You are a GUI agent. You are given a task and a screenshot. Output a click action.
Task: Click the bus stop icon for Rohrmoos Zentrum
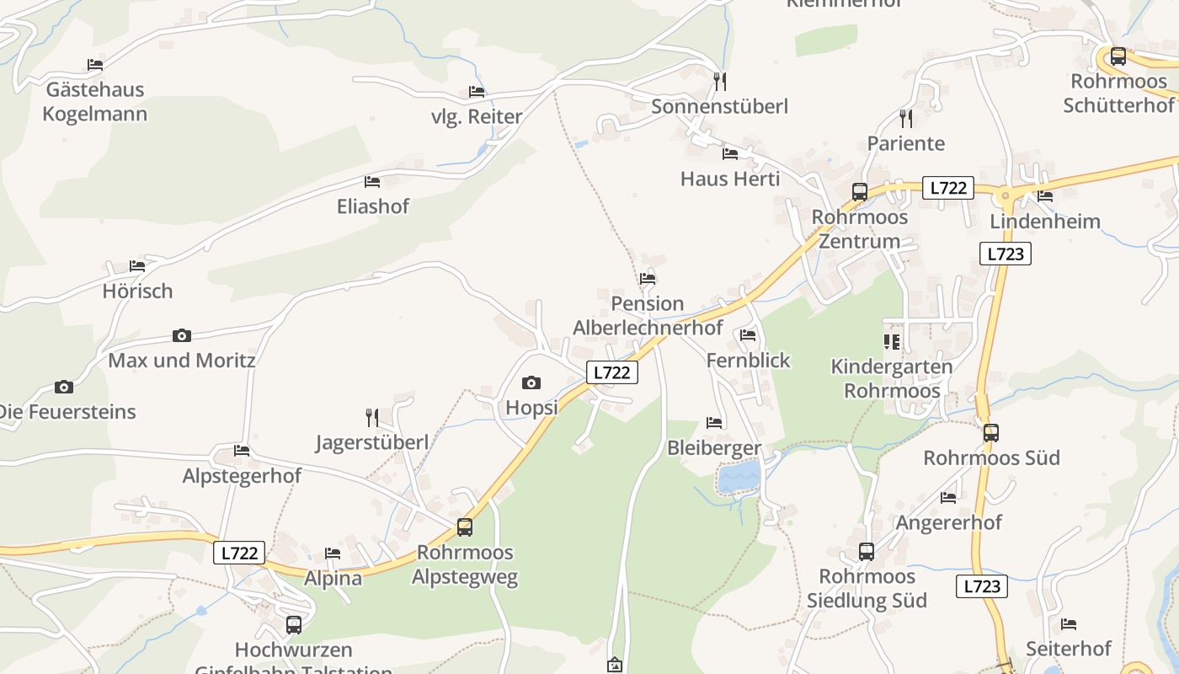click(x=859, y=191)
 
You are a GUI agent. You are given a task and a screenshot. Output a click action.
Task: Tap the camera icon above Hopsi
click(x=531, y=383)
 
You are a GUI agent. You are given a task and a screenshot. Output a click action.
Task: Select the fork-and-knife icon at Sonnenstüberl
click(x=719, y=81)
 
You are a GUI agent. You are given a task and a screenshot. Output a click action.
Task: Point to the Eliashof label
click(x=372, y=206)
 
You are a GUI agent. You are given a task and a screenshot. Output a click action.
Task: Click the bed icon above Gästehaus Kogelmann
click(x=95, y=65)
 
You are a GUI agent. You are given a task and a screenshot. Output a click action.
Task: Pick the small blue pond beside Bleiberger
click(x=739, y=478)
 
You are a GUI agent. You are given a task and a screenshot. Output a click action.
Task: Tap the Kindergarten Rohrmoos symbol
click(x=892, y=341)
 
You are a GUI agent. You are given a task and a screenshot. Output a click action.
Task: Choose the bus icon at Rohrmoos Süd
click(x=991, y=433)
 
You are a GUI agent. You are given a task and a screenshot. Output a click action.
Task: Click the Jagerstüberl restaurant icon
click(x=371, y=417)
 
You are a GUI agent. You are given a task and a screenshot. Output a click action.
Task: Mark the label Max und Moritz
click(x=182, y=361)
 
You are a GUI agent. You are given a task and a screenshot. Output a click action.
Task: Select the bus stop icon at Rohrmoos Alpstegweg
click(x=464, y=527)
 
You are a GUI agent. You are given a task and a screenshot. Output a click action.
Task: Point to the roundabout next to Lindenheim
click(x=1004, y=196)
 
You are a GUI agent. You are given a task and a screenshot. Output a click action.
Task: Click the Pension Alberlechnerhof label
click(x=648, y=315)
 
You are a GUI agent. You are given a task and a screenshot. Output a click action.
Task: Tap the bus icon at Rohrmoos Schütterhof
click(x=1118, y=56)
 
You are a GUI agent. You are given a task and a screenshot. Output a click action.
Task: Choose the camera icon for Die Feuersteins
click(x=64, y=388)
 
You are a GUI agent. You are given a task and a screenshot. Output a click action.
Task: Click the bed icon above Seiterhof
click(x=1069, y=624)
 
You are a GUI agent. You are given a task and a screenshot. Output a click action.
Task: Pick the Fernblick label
click(x=748, y=361)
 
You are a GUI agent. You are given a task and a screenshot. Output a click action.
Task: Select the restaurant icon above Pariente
click(x=905, y=118)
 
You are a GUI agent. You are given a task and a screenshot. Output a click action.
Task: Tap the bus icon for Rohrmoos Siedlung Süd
click(x=867, y=552)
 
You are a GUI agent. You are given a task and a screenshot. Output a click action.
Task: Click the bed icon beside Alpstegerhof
click(x=242, y=451)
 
